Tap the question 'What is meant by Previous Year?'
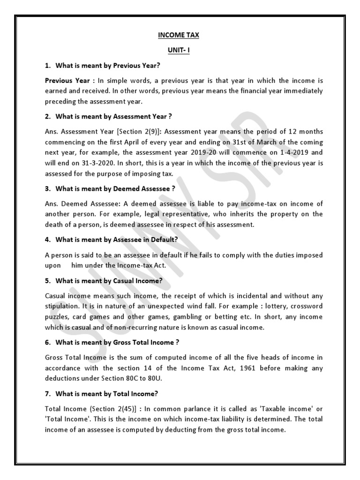click(111, 65)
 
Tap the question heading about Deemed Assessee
click(115, 189)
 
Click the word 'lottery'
click(270, 307)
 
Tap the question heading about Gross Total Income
click(118, 343)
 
